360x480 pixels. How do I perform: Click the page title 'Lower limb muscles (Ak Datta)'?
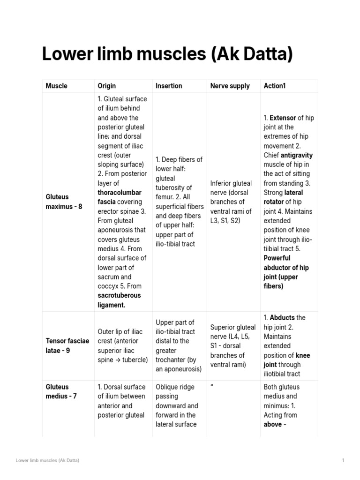(x=167, y=54)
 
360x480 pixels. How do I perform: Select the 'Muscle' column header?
(x=56, y=86)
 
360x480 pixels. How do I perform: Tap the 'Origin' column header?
(x=106, y=86)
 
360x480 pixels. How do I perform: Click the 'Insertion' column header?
(x=169, y=86)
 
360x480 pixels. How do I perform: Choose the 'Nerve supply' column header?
(x=230, y=86)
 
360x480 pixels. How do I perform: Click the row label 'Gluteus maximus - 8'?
(x=64, y=202)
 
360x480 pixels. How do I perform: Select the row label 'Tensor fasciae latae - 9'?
(x=67, y=345)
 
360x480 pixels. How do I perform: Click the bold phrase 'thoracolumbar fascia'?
(x=119, y=197)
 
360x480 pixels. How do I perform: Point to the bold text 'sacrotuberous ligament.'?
(x=119, y=300)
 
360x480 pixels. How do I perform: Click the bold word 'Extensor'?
(x=283, y=118)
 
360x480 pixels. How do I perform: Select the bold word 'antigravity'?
(x=296, y=155)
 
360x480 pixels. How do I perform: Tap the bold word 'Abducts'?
(x=283, y=317)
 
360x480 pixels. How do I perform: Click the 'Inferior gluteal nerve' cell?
(x=231, y=202)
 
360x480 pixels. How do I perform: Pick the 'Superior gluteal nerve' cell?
(x=233, y=345)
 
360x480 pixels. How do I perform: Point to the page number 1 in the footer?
(x=343, y=461)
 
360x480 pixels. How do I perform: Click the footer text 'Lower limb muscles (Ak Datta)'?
(x=47, y=461)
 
